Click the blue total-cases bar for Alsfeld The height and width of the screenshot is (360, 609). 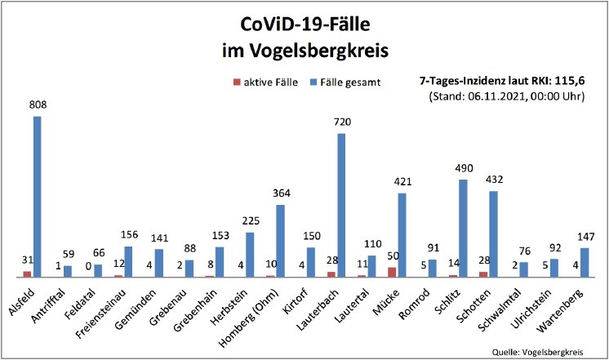(38, 196)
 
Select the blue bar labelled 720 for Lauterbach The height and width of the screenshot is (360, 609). (341, 205)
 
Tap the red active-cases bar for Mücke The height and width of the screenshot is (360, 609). (391, 272)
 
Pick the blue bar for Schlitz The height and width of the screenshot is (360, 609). (463, 228)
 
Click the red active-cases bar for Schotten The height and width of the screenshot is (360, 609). (483, 273)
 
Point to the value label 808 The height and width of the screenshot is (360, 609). (38, 104)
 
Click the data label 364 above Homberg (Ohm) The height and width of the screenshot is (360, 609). (281, 193)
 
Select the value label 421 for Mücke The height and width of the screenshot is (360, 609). (402, 181)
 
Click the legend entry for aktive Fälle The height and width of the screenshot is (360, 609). (266, 82)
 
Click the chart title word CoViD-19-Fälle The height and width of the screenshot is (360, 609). (304, 23)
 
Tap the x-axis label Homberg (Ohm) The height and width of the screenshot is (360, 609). (253, 315)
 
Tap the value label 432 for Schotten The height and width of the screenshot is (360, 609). (494, 180)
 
